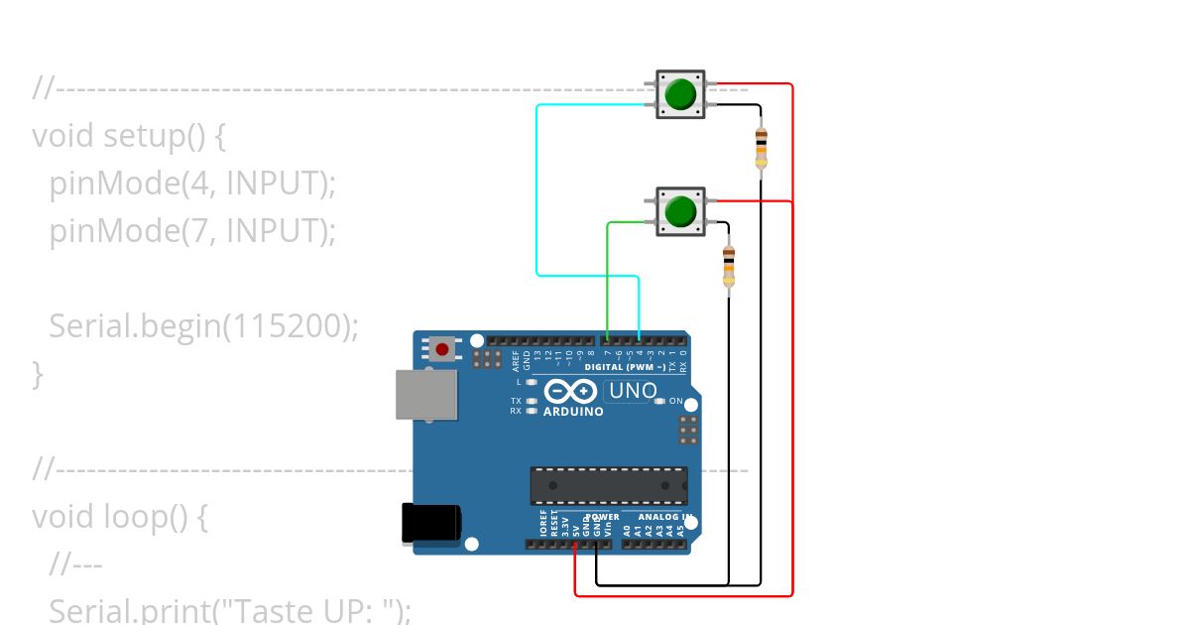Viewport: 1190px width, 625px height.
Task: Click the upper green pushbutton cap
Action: pyautogui.click(x=680, y=94)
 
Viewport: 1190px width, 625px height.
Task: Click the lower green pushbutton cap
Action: pyautogui.click(x=680, y=210)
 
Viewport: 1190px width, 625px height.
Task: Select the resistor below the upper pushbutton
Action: pyautogui.click(x=761, y=148)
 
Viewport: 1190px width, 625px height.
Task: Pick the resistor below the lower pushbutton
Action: pyautogui.click(x=729, y=268)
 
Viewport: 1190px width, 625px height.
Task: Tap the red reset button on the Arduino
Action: pyautogui.click(x=441, y=349)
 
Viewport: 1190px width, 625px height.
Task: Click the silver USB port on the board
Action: pyautogui.click(x=426, y=394)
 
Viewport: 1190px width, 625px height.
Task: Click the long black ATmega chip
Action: pyautogui.click(x=608, y=485)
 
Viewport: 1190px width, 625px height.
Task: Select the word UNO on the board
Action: pyautogui.click(x=633, y=391)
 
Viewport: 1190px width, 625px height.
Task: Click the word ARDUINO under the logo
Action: pyautogui.click(x=573, y=412)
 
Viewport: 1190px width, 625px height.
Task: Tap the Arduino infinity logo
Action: pyautogui.click(x=571, y=392)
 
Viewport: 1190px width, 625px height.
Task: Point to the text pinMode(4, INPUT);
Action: pyautogui.click(x=192, y=183)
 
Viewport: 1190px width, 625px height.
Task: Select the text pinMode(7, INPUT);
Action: pyautogui.click(x=192, y=230)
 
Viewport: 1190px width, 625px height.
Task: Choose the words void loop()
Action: pyautogui.click(x=109, y=517)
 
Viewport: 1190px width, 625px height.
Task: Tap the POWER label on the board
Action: pyautogui.click(x=601, y=517)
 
